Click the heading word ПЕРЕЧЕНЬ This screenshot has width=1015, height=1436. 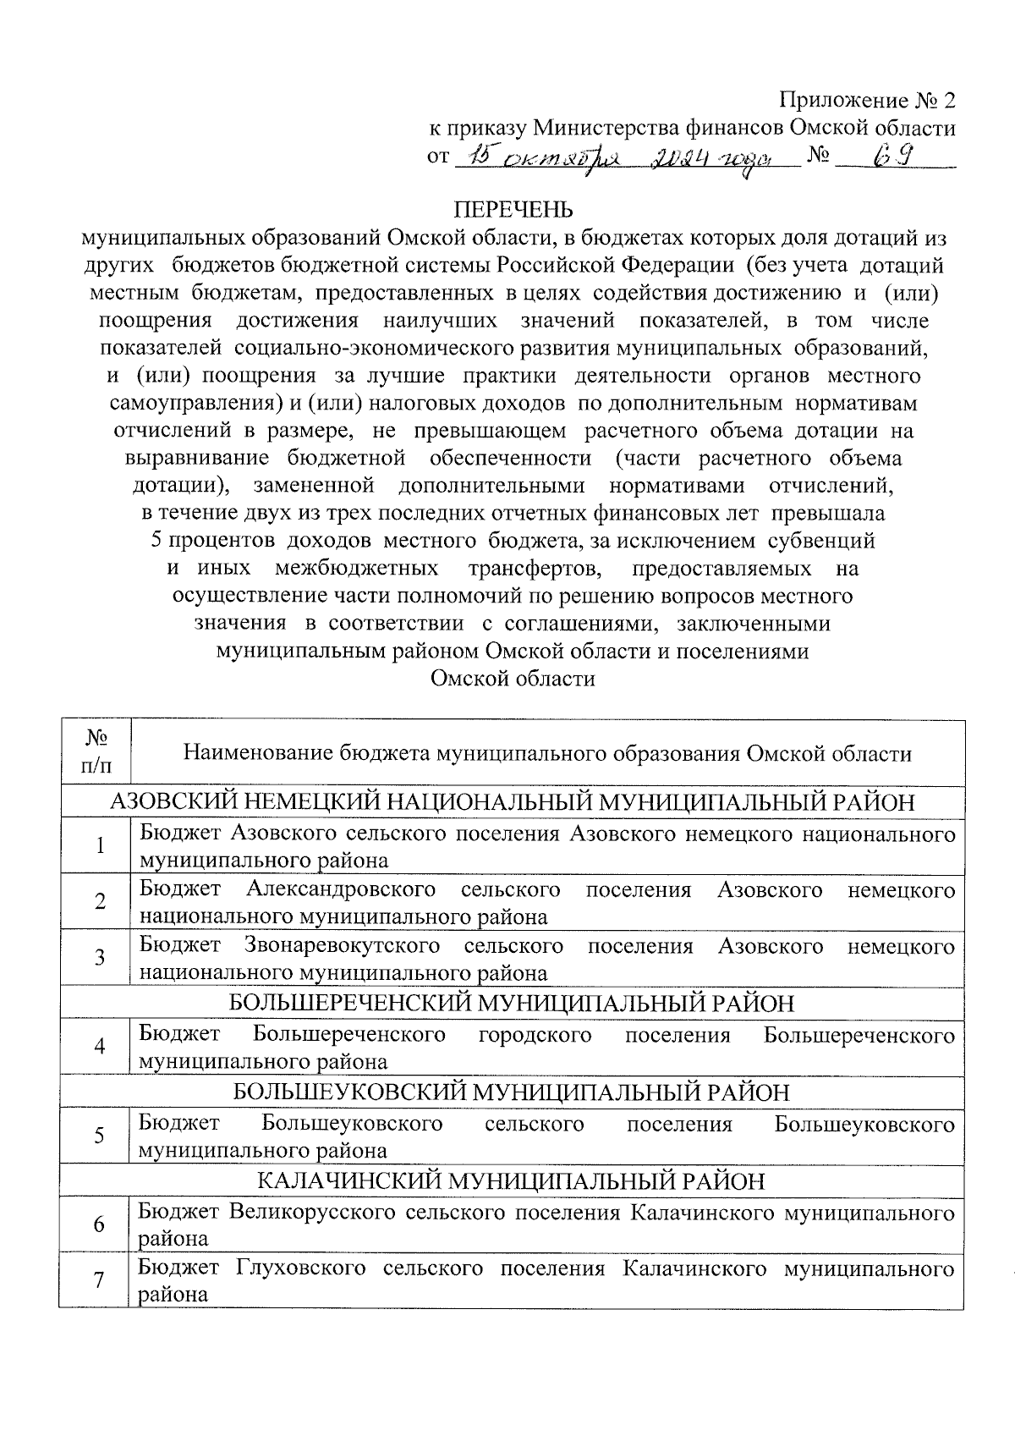pyautogui.click(x=513, y=209)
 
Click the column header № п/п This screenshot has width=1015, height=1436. pyautogui.click(x=96, y=751)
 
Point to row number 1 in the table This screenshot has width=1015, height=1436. pyautogui.click(x=100, y=846)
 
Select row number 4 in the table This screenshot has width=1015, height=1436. pyautogui.click(x=99, y=1047)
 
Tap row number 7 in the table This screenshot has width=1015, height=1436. pyautogui.click(x=99, y=1281)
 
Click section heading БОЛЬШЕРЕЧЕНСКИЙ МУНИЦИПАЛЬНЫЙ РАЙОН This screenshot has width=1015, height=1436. pyautogui.click(x=513, y=1004)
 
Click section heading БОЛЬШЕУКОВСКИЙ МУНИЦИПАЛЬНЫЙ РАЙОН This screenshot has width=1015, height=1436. pyautogui.click(x=512, y=1092)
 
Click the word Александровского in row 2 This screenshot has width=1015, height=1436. pyautogui.click(x=341, y=890)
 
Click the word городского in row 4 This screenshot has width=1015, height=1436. pyautogui.click(x=535, y=1035)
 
